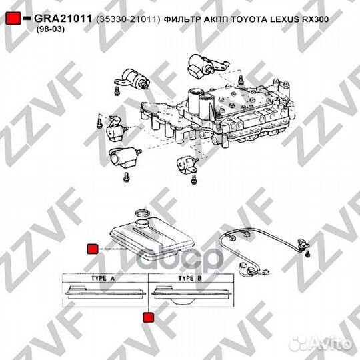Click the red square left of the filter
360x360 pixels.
[92, 249]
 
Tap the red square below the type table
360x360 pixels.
[148, 317]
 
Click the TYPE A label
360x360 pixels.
[103, 278]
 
